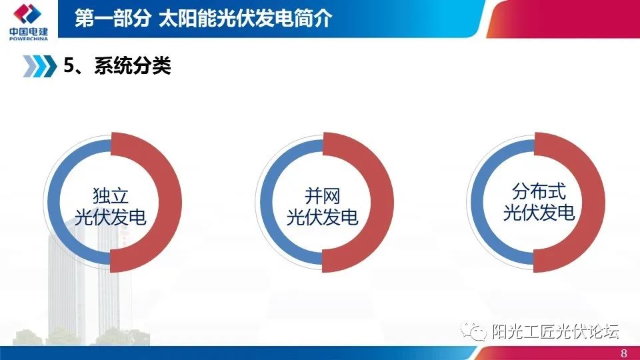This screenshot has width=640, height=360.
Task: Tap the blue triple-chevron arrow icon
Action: coord(39,66)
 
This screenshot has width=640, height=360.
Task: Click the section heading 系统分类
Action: coord(133,66)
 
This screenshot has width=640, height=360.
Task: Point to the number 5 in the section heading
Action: coord(68,66)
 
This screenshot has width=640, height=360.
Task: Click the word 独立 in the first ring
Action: coord(111,195)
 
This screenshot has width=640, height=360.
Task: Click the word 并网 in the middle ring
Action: coord(322,195)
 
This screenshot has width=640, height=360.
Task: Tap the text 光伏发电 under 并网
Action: coord(322,217)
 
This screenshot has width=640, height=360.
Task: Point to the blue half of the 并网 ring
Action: coord(267,202)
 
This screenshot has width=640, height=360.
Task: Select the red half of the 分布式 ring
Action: coord(594,202)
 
